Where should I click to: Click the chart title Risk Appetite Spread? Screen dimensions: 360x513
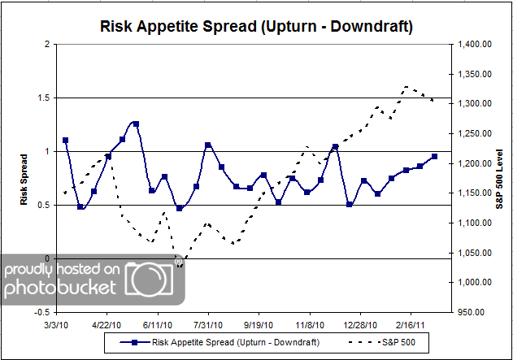[x=256, y=26]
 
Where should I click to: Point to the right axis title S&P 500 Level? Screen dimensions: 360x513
[x=498, y=177]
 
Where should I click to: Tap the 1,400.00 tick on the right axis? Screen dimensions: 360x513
[x=474, y=44]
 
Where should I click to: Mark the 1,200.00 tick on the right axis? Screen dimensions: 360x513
[x=474, y=163]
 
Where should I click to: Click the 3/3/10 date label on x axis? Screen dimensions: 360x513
[x=58, y=323]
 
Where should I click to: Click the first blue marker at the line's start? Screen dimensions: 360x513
[x=66, y=141]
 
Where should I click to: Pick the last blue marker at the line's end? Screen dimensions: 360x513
[x=434, y=156]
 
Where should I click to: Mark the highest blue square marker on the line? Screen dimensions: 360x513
[x=136, y=124]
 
